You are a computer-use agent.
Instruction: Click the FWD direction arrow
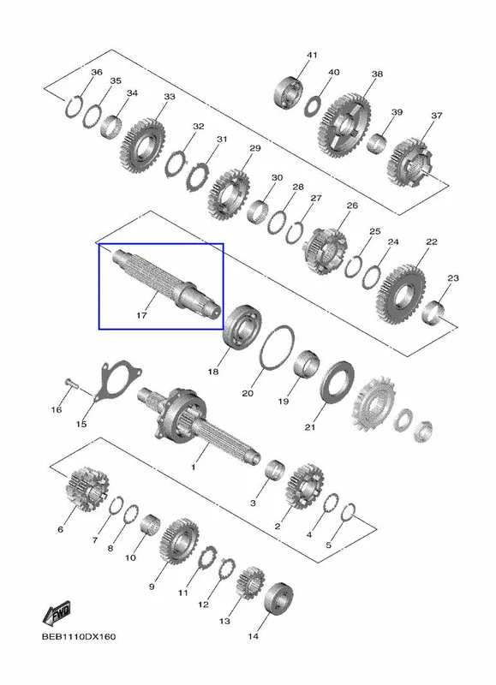point(57,613)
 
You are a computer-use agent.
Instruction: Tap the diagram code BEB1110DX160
point(79,636)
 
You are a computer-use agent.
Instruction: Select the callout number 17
point(141,315)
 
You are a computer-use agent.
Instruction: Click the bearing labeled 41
point(290,92)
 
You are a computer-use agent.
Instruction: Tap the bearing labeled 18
point(242,327)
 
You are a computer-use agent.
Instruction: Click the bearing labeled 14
point(278,599)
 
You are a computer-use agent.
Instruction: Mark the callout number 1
point(193,468)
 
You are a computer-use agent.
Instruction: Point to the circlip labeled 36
point(74,106)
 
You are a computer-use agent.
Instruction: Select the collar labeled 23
point(435,313)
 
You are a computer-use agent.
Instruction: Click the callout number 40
point(333,72)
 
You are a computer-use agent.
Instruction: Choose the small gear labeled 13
point(250,583)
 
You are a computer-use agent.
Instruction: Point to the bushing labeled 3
point(275,473)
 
